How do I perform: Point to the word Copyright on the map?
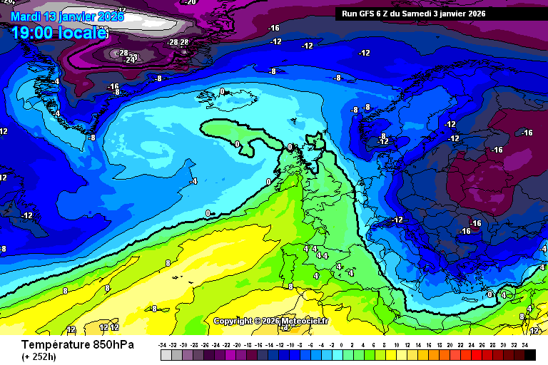click(233, 322)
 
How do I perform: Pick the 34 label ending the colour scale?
click(525, 345)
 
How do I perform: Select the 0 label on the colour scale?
click(342, 345)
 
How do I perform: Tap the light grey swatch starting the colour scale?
click(166, 354)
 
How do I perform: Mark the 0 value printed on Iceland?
click(222, 91)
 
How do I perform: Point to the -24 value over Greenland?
click(130, 60)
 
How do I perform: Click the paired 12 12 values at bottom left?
click(109, 327)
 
